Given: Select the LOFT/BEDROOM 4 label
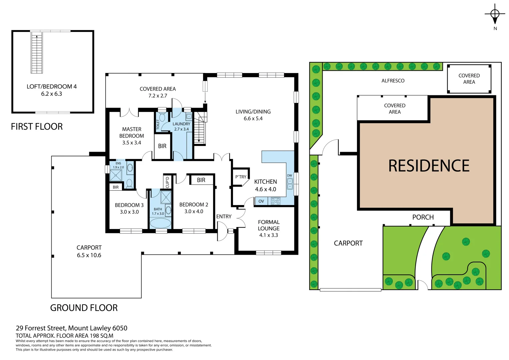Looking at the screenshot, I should click(x=52, y=87).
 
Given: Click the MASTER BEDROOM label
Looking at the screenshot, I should click(x=132, y=133).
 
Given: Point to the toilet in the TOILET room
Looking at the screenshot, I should click(x=162, y=117).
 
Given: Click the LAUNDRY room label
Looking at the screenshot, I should click(x=181, y=124).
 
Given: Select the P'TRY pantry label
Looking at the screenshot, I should click(x=241, y=177).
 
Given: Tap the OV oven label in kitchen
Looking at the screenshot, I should click(x=261, y=201).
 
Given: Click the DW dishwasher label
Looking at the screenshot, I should click(x=289, y=176).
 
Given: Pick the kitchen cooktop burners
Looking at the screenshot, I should click(x=275, y=201).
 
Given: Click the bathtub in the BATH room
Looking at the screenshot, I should click(x=160, y=223).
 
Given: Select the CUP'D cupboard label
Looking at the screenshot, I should click(x=167, y=182).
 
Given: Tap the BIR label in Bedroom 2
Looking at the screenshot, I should click(x=201, y=180).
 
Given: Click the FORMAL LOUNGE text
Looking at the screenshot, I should click(x=269, y=225).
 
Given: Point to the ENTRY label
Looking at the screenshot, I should click(x=224, y=217).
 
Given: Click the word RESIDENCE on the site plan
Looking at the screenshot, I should click(x=429, y=166).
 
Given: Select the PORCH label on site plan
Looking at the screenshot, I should click(x=423, y=217).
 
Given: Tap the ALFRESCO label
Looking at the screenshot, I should click(x=393, y=81).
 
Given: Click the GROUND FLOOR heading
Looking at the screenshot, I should click(x=84, y=308).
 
